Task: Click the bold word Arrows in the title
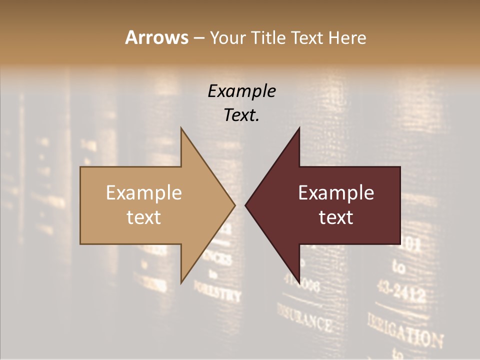(156, 37)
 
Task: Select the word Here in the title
(347, 37)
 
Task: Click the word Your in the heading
(227, 37)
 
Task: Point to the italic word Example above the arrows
(241, 91)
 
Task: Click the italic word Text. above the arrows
(241, 115)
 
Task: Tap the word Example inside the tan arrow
(144, 193)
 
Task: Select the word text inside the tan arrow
(144, 217)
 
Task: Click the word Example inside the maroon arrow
(336, 193)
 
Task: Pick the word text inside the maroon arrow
(336, 217)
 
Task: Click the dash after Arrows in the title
(198, 38)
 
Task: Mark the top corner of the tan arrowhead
(181, 128)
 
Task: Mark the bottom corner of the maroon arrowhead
(299, 282)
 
